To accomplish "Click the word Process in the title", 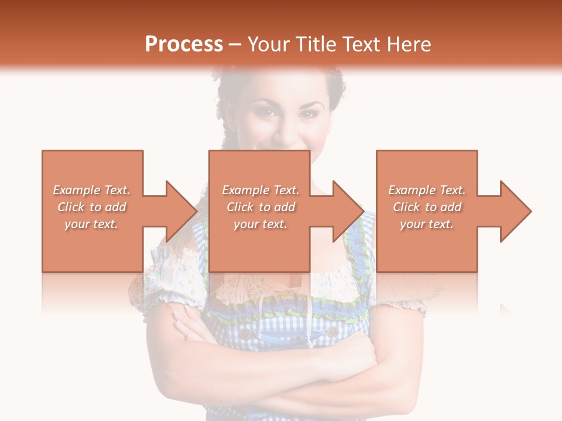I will (184, 44).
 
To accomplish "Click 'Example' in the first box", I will (76, 190).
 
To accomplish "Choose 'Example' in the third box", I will (412, 190).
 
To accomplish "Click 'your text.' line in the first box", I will (91, 224).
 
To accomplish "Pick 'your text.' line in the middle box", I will (261, 224).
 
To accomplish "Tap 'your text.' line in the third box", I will (427, 224).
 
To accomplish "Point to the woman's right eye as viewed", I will (307, 113).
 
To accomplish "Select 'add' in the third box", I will (453, 207).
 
